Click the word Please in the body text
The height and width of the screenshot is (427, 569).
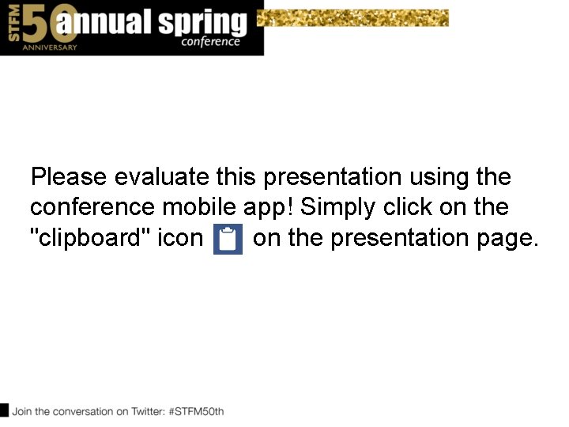(69, 176)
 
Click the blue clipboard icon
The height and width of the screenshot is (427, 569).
(228, 240)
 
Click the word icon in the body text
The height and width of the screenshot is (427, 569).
(180, 238)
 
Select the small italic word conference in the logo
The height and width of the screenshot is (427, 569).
(210, 42)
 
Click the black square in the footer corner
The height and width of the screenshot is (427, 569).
(4, 410)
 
